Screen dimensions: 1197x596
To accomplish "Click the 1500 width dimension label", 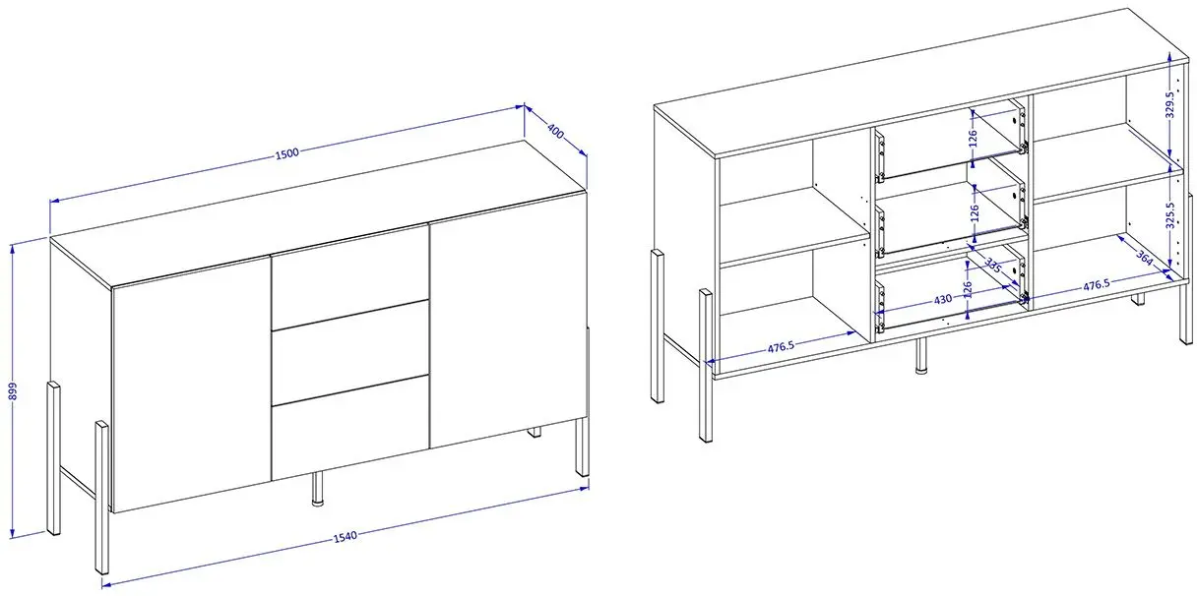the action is click(x=287, y=153).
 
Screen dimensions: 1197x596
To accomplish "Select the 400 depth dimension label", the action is click(x=556, y=131).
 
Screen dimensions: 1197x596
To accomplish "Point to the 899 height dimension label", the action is click(x=14, y=390).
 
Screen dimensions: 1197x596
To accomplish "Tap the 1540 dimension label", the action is click(x=346, y=537).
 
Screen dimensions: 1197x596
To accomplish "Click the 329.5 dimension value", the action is click(x=1169, y=105).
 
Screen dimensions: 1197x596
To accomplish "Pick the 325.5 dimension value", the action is click(x=1170, y=215).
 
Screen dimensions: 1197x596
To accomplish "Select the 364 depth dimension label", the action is click(x=1144, y=258).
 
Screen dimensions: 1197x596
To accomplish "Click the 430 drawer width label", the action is click(x=943, y=299).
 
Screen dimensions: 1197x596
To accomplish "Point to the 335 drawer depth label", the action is click(x=993, y=266).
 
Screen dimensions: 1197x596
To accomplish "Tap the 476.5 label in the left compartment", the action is click(x=781, y=348).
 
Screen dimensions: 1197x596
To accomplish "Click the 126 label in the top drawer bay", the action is click(x=972, y=139).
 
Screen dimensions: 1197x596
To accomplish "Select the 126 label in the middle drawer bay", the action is click(x=975, y=213).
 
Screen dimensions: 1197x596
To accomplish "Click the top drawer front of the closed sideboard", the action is click(x=350, y=276).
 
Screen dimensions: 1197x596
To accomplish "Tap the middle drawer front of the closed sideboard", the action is click(x=350, y=352).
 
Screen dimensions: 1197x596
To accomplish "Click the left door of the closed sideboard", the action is click(x=192, y=385).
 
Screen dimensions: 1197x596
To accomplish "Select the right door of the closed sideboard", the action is click(x=509, y=321).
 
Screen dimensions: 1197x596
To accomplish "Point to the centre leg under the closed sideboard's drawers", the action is click(x=318, y=488).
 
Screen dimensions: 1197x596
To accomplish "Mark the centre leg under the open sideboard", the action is click(x=920, y=355).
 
